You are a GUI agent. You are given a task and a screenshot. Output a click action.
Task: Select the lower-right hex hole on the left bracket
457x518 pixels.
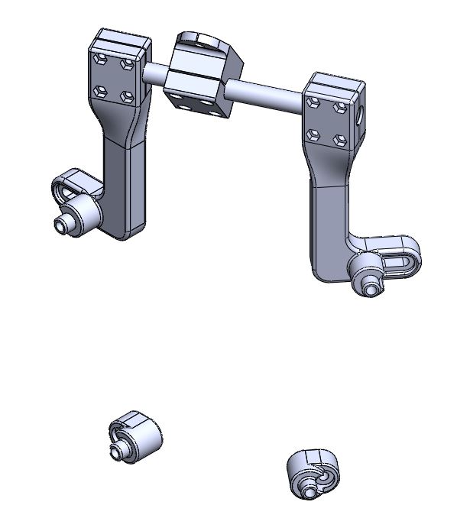point(128,98)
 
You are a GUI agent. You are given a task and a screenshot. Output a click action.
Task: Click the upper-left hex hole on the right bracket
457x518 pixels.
point(312,101)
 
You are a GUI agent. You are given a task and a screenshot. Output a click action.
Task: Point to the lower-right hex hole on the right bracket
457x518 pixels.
point(340,141)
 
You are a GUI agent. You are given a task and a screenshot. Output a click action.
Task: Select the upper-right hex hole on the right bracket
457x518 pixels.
point(339,108)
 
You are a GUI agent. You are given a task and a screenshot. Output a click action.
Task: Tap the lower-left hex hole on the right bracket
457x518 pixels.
point(312,134)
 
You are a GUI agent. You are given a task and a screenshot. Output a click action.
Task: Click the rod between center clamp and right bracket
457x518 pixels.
point(267,95)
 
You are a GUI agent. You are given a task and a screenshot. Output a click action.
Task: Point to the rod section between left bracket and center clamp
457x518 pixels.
point(155,73)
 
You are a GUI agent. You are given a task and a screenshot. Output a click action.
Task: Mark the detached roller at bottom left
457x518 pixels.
point(138,437)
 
